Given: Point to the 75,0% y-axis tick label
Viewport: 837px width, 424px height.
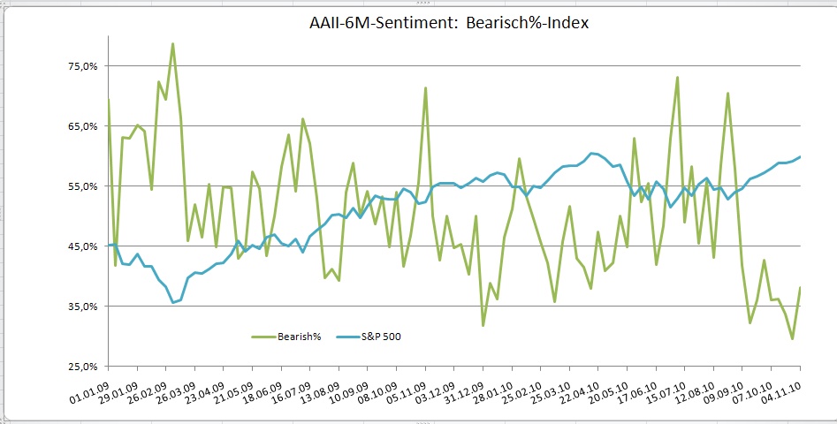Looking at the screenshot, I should (81, 66).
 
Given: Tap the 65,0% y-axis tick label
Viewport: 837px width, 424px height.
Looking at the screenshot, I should (81, 126).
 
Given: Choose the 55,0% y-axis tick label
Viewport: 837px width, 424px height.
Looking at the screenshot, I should (81, 186).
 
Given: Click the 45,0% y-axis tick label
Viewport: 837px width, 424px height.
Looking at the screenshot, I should (81, 246).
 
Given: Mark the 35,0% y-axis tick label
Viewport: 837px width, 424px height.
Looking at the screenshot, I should (81, 307).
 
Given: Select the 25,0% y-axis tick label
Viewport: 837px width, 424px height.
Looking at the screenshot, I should (81, 366).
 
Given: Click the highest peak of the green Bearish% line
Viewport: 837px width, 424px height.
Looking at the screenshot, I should (172, 43).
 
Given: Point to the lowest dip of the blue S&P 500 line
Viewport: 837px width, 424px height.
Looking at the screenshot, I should (173, 303).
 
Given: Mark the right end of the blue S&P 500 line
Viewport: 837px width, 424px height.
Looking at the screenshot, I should (800, 157).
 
